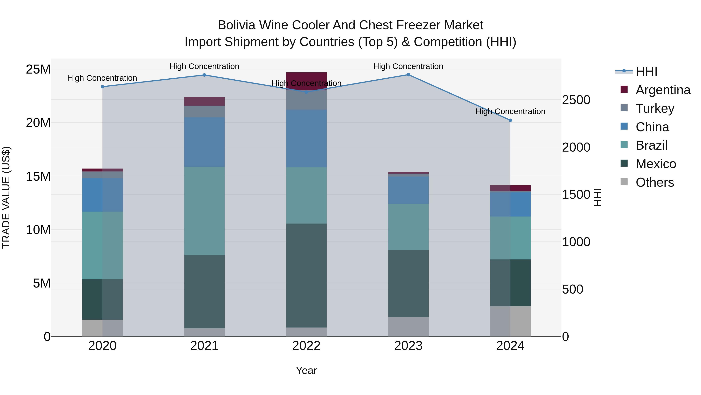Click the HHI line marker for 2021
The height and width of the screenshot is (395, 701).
(x=204, y=75)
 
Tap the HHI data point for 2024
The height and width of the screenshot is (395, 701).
(x=510, y=120)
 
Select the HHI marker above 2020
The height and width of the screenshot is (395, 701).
(x=102, y=87)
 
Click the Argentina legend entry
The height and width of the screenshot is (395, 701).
(x=663, y=90)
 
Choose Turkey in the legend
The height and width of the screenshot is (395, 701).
(x=655, y=108)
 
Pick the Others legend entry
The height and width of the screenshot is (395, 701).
(x=654, y=182)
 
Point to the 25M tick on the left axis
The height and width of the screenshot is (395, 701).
(x=38, y=69)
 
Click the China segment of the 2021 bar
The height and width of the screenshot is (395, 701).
(x=204, y=142)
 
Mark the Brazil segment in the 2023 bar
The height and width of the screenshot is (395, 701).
(x=408, y=227)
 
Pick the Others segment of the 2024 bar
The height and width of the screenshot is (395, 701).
(x=510, y=321)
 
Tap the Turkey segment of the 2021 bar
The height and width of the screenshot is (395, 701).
(x=204, y=112)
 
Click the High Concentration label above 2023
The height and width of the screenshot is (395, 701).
(x=408, y=66)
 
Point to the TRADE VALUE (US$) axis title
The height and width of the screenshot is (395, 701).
(x=6, y=197)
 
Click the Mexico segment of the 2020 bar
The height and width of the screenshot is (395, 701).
(x=102, y=299)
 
